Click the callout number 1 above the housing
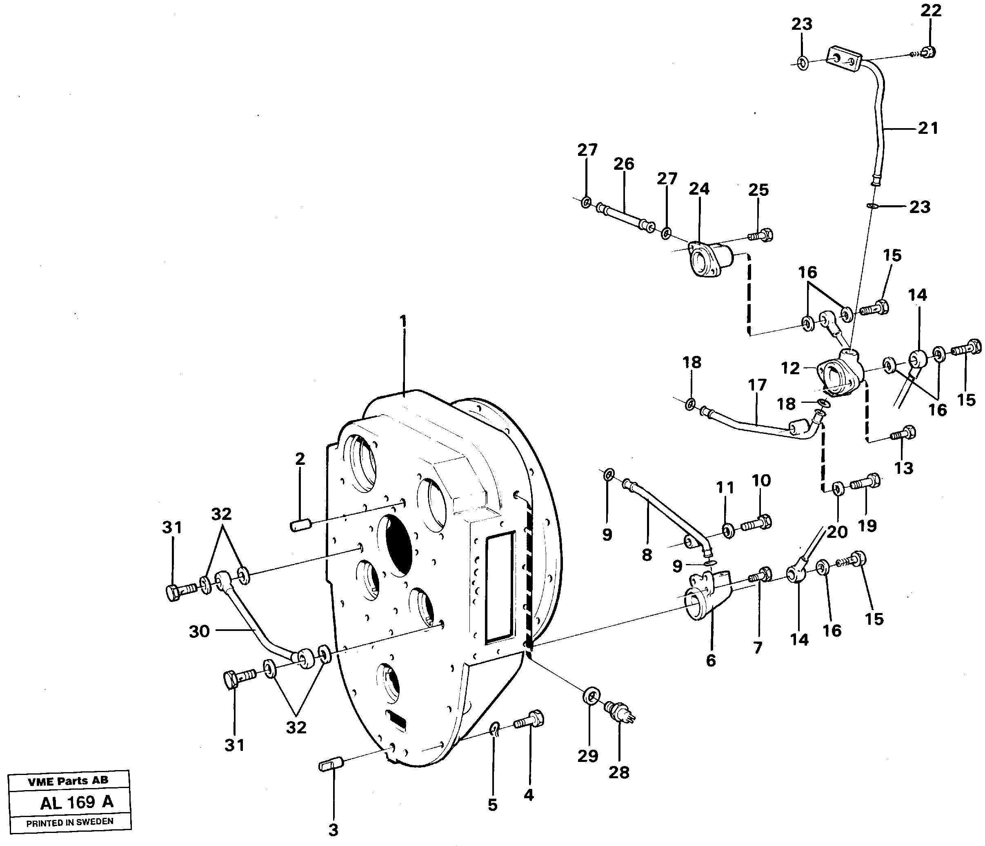point(403,322)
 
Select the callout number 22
point(931,11)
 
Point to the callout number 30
point(199,631)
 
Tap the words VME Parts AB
point(68,780)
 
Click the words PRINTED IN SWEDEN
point(69,822)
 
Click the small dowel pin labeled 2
point(300,526)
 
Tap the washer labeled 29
point(590,697)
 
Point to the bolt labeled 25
point(761,235)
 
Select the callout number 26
point(623,164)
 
